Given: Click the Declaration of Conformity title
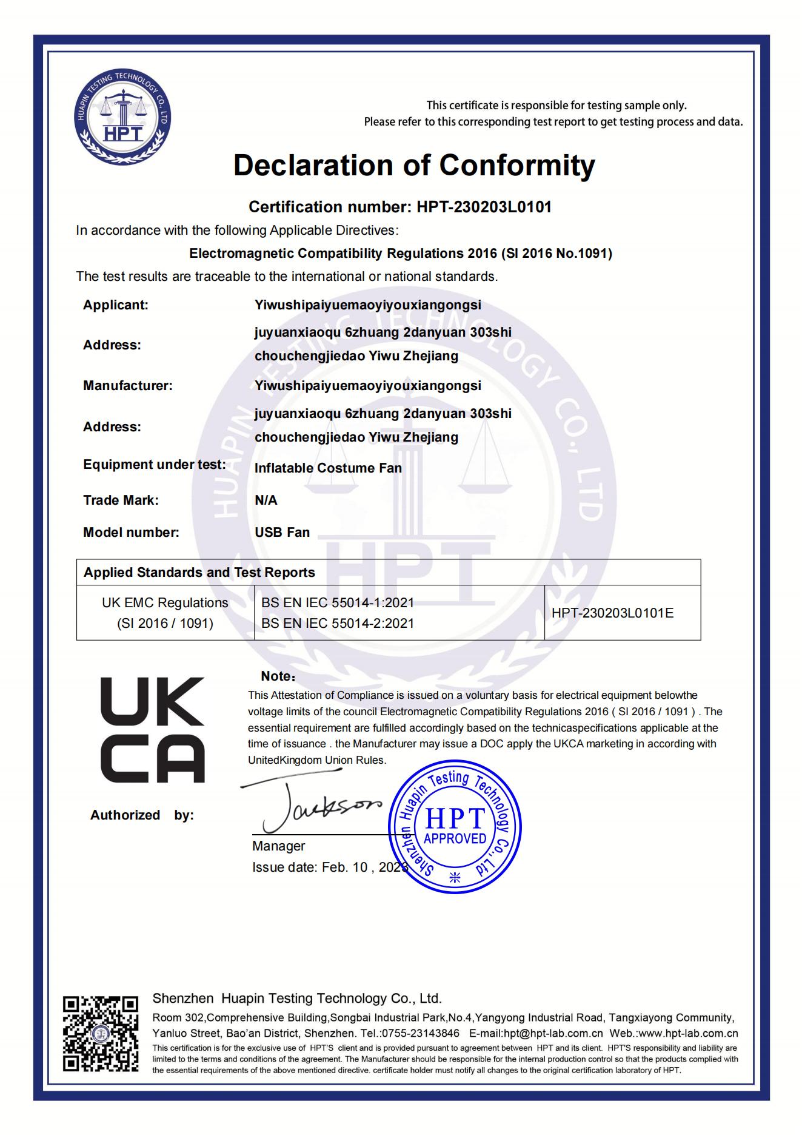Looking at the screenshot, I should pos(414,165).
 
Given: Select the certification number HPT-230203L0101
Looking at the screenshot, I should pos(484,207).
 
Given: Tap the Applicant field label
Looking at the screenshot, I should pos(116,305).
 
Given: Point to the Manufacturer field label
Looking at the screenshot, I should pos(128,386).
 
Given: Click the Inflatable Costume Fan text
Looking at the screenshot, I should pos(328,468).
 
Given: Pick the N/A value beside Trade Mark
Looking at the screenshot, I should pos(266,500).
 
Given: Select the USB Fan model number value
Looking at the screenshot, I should pos(282,533).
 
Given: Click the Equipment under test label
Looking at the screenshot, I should pos(155,465).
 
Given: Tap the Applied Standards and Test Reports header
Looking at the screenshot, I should pos(199,573).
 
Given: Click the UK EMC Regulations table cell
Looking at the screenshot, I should pos(165,613).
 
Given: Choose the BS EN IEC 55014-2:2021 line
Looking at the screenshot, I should pos(338,624).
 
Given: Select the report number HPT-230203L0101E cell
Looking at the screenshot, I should pos(612,613).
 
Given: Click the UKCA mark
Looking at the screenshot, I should pos(152,730).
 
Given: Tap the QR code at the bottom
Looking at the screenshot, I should pos(101,1033).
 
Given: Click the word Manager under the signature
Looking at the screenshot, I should pos(278,846).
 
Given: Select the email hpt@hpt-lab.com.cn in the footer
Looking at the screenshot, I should pos(536,1033).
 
